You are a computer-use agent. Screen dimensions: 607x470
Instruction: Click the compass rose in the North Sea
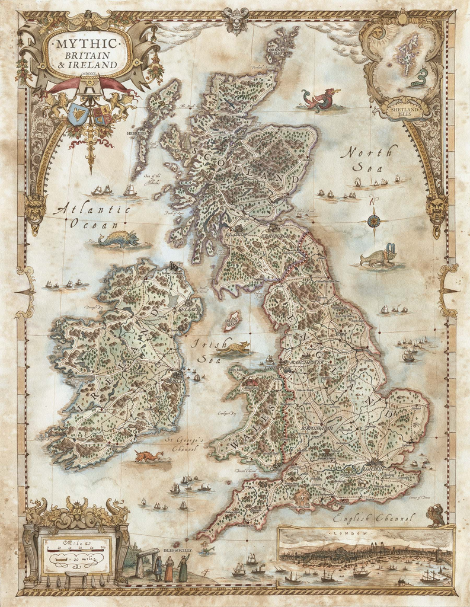pyautogui.click(x=373, y=221)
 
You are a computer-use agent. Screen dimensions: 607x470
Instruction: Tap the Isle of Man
pyautogui.click(x=232, y=321)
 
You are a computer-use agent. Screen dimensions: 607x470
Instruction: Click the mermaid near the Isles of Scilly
pyautogui.click(x=205, y=548)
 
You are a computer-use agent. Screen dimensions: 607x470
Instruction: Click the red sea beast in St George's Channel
pyautogui.click(x=148, y=456)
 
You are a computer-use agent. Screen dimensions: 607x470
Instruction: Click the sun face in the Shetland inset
pyautogui.click(x=378, y=33)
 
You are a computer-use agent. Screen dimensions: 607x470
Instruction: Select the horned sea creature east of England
pyautogui.click(x=379, y=257)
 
